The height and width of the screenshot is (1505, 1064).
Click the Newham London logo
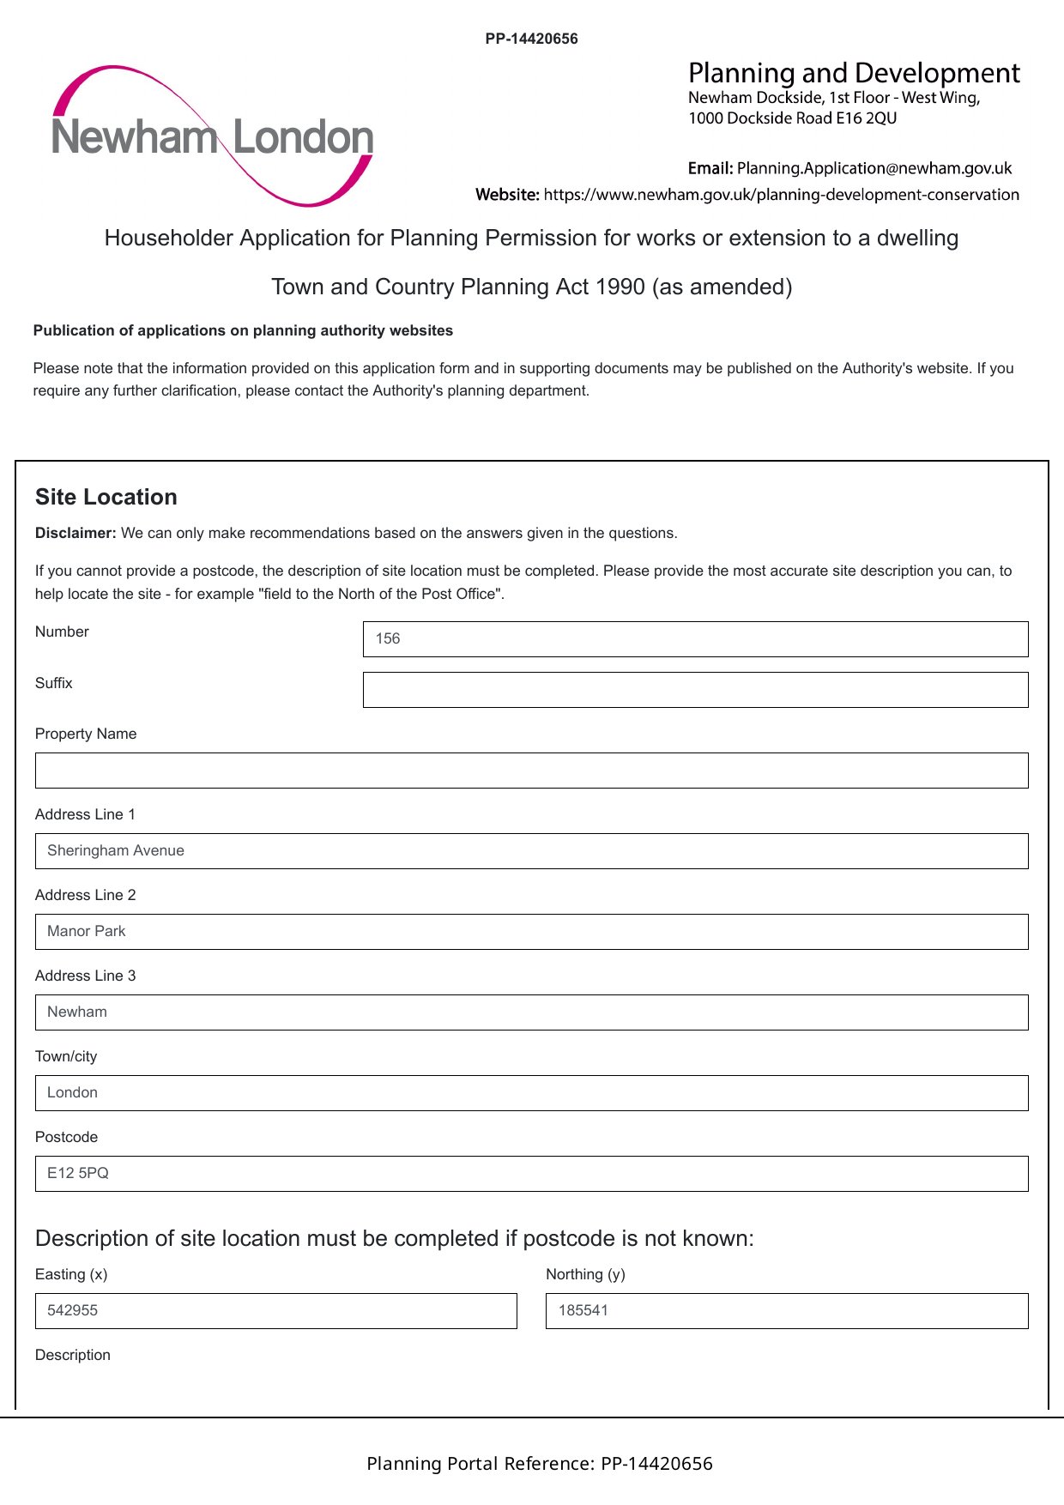(213, 136)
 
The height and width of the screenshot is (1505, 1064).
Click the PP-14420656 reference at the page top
(531, 39)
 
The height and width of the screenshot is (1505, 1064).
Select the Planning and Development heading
(854, 73)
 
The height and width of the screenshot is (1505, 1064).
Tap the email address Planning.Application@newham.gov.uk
(874, 168)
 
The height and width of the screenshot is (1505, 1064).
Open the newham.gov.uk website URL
(781, 195)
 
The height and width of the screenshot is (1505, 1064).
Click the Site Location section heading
(106, 497)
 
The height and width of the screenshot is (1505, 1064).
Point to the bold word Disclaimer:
(76, 533)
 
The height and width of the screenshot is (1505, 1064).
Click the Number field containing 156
(695, 639)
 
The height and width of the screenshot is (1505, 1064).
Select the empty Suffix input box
(695, 690)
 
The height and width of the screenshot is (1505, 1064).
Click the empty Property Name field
(531, 771)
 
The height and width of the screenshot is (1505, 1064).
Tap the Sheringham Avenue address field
(531, 851)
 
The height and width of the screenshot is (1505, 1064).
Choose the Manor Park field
(531, 932)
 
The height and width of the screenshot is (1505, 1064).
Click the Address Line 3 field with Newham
(531, 1012)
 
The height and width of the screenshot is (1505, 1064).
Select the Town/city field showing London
(531, 1093)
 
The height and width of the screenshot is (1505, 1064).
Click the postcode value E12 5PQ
(78, 1173)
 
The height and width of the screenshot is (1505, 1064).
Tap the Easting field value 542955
(73, 1310)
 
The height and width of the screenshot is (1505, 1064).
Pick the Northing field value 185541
(583, 1310)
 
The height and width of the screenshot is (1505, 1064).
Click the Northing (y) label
(585, 1274)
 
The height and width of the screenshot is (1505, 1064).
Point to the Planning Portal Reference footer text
(539, 1464)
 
